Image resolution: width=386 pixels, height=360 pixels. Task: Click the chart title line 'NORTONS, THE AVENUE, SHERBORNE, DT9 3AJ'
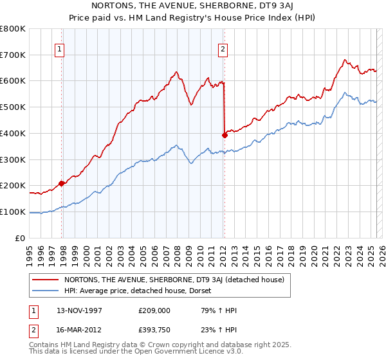[x=193, y=5]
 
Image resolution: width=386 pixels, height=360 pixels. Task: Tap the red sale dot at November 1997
[x=62, y=183]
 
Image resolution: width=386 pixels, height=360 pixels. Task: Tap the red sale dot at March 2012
[x=225, y=135]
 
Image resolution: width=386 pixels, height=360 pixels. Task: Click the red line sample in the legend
[x=46, y=280]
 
